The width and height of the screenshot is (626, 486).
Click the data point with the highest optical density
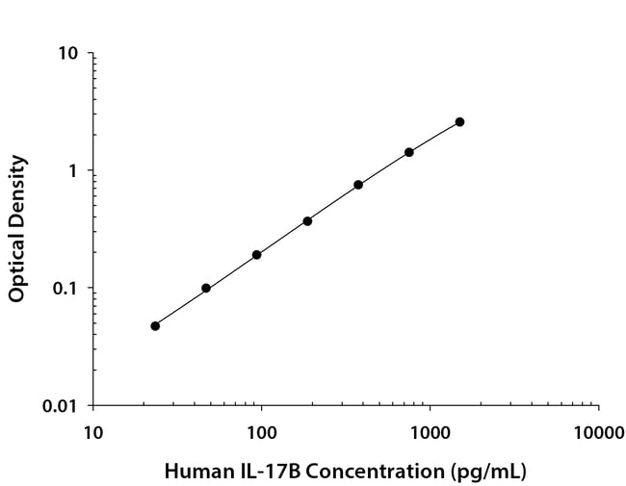coord(459,122)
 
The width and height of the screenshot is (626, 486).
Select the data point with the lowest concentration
coord(155,325)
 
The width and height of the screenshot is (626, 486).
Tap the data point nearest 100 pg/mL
coord(257,255)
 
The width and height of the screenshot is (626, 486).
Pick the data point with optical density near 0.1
coord(206,288)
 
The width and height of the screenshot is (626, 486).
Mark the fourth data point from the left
coord(307,221)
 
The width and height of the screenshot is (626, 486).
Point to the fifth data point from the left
coord(358,185)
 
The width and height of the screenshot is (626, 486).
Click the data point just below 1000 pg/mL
coord(409,152)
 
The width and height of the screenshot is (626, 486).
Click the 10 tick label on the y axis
coord(67,53)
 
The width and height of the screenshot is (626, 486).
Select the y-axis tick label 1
coord(73,170)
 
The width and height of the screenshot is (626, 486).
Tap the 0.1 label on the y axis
coord(65,289)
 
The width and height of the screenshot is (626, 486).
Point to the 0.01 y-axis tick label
coord(61,406)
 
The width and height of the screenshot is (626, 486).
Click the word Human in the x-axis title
coord(194,472)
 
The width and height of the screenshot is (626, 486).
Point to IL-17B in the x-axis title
coord(260,472)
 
